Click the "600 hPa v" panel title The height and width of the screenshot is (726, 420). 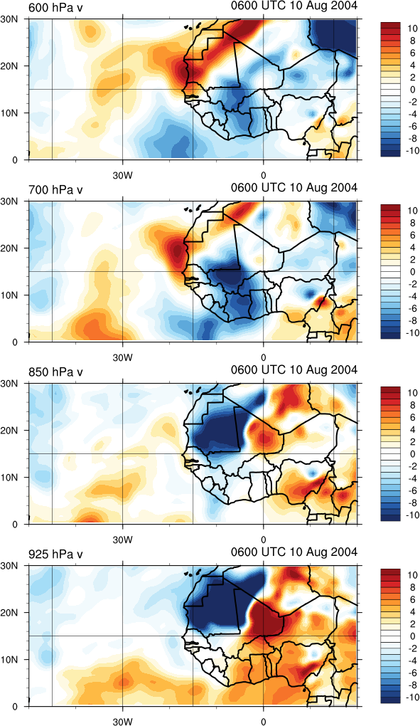point(55,7)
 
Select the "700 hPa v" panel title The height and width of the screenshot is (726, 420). point(55,190)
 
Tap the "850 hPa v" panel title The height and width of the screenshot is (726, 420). point(55,372)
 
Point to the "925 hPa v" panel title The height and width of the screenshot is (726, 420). point(55,554)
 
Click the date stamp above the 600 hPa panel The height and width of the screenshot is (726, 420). point(294,6)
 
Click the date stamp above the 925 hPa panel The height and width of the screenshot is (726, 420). point(294,552)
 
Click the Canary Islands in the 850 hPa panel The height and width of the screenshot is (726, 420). point(194,391)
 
